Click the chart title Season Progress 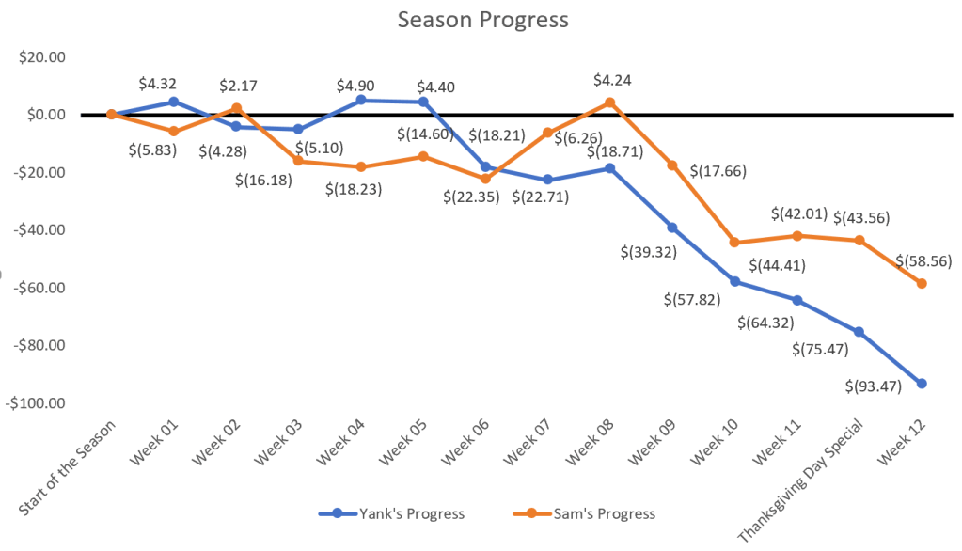[x=482, y=20]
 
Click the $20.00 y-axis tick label [x=42, y=56]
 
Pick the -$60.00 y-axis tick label [x=41, y=287]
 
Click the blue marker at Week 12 [x=922, y=384]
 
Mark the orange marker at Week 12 [x=922, y=283]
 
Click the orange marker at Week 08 [x=609, y=102]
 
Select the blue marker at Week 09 [x=672, y=228]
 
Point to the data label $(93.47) [x=872, y=384]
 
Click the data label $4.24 [x=612, y=80]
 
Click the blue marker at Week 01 [x=174, y=102]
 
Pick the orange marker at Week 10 [x=734, y=243]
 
